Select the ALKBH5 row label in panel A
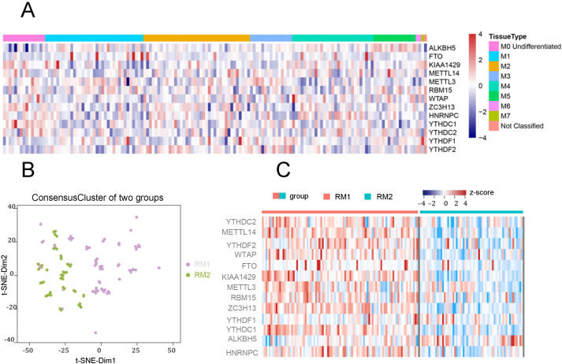coord(444,48)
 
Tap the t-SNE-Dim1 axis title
coord(102,358)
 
